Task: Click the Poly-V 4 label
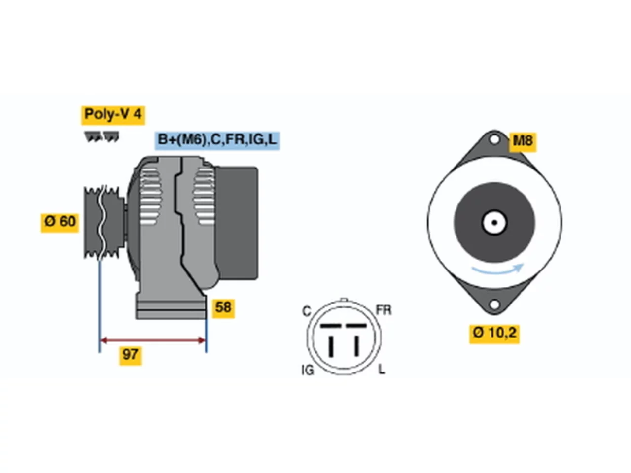[x=113, y=115]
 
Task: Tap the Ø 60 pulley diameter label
[x=60, y=223]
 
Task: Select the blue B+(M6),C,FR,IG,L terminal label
[x=217, y=140]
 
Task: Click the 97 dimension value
[x=131, y=356]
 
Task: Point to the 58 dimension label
[x=223, y=308]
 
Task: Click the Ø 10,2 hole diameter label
[x=494, y=334]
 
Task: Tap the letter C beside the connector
[x=307, y=311]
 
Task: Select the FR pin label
[x=384, y=310]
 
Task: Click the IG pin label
[x=308, y=370]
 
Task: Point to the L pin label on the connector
[x=382, y=369]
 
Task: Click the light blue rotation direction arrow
[x=497, y=270]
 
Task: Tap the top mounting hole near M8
[x=494, y=140]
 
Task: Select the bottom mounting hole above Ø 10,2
[x=494, y=304]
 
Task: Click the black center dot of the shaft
[x=494, y=223]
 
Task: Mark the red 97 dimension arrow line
[x=153, y=340]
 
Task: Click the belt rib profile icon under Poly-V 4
[x=102, y=136]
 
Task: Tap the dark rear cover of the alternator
[x=237, y=223]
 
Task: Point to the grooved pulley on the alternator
[x=104, y=223]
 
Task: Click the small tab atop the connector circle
[x=344, y=300]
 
